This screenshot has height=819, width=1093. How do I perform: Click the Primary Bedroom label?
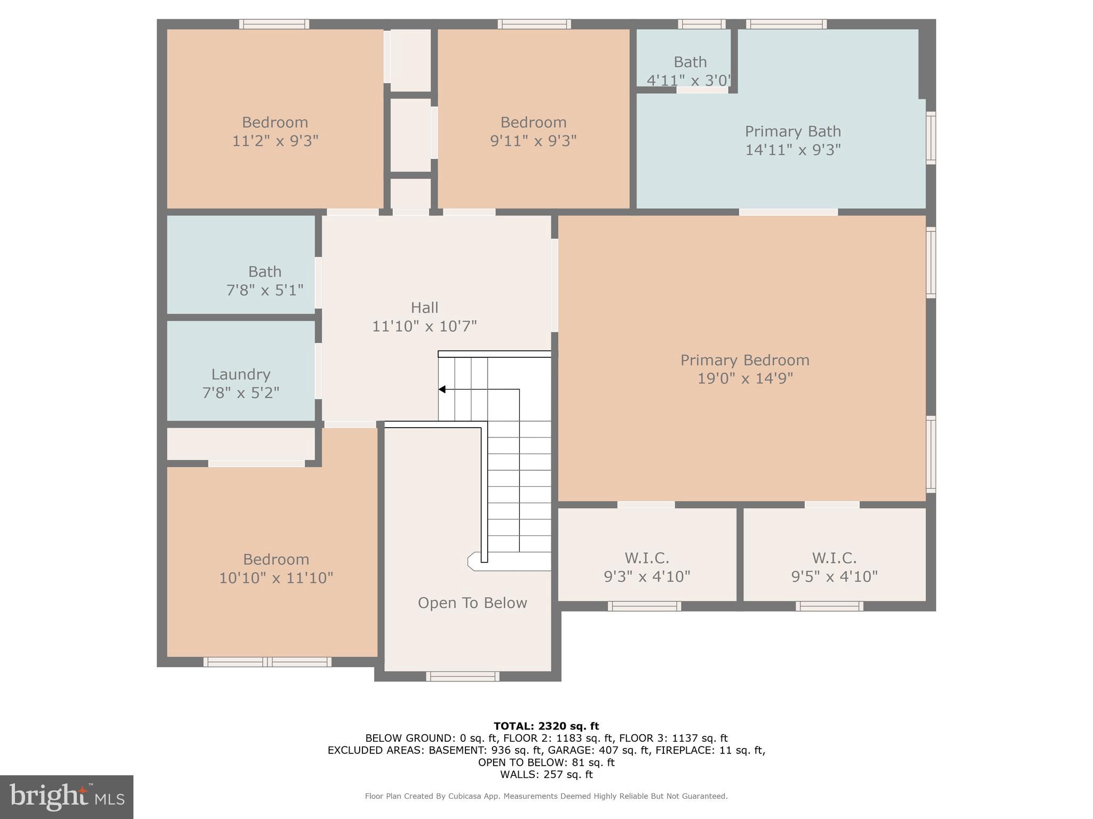tap(744, 360)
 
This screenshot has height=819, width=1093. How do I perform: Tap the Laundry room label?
tap(241, 374)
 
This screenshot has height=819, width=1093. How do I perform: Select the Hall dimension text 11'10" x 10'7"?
tap(424, 326)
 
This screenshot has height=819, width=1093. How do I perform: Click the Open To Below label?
tap(472, 603)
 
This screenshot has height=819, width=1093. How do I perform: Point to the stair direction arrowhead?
tap(442, 390)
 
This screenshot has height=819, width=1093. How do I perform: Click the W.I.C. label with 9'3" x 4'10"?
tap(647, 558)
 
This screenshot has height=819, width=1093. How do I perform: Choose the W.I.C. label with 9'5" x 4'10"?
tap(834, 558)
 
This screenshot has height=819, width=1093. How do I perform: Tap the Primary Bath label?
tap(793, 132)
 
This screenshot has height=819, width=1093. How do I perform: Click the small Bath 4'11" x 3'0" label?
tap(690, 62)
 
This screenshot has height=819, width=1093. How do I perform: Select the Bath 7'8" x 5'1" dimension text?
tap(265, 291)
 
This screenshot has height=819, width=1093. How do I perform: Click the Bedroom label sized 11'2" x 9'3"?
tap(275, 123)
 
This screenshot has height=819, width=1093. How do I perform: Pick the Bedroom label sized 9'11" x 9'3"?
tap(533, 123)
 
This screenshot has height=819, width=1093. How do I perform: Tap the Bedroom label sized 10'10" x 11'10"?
tap(276, 559)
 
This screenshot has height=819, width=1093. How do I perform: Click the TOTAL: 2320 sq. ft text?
tap(546, 726)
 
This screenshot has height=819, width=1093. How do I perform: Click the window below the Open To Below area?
tap(463, 677)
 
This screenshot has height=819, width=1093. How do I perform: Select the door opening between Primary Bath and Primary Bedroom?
tap(788, 212)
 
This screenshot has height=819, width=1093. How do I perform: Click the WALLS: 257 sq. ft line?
tap(546, 775)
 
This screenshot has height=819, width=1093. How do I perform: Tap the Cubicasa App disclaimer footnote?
tap(546, 796)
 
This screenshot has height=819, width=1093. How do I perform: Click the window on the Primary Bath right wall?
tap(931, 138)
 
